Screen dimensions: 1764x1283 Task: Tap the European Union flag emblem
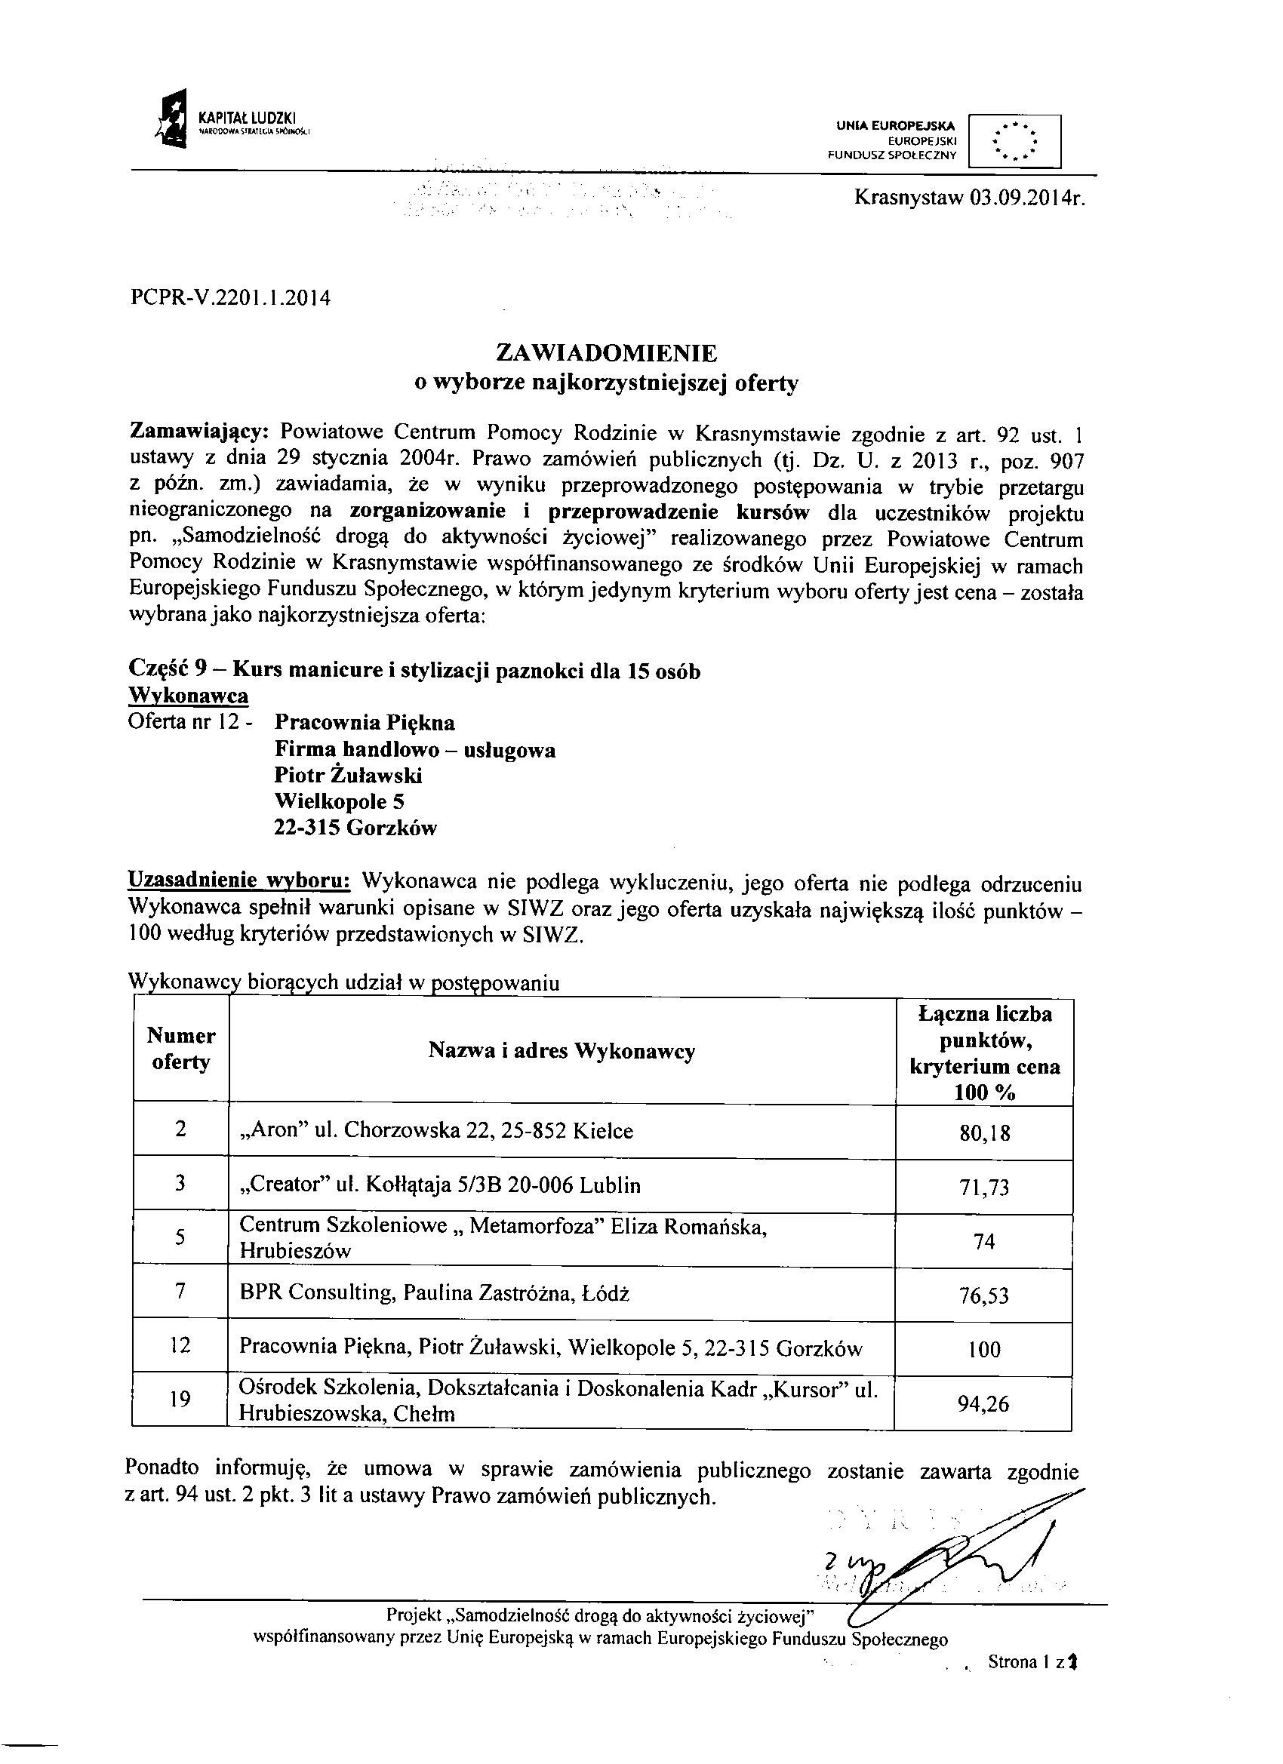point(1014,141)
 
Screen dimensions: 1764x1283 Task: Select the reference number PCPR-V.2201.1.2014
point(230,297)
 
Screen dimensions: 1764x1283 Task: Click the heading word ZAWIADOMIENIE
point(606,354)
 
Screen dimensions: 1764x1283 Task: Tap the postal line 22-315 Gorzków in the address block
point(355,828)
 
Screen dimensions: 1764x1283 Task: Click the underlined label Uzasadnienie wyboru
point(238,884)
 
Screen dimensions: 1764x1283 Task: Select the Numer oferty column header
point(181,1049)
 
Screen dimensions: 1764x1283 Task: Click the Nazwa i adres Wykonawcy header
point(561,1052)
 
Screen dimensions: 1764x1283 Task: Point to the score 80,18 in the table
point(984,1132)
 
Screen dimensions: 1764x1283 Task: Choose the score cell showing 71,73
point(984,1187)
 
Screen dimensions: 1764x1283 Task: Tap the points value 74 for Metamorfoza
point(984,1242)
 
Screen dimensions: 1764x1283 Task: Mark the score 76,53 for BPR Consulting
point(984,1295)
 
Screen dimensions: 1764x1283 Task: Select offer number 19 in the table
point(180,1400)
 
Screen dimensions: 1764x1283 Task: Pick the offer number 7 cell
point(180,1292)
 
